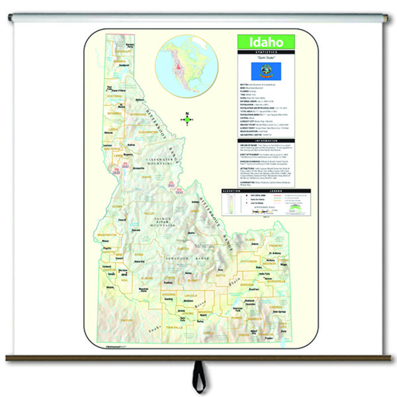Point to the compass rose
pyautogui.click(x=187, y=119)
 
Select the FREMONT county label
pyautogui.click(x=259, y=247)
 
